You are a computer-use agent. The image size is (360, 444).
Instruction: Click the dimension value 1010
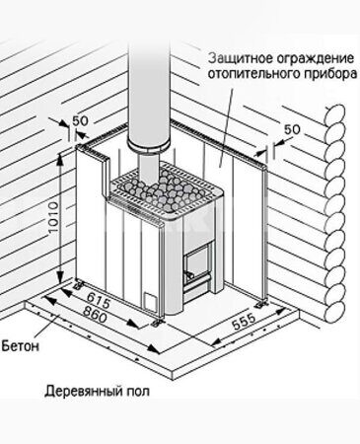coord(53,217)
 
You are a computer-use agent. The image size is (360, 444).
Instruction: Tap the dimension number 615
coord(99,301)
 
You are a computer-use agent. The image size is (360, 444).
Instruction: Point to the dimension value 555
coord(244,322)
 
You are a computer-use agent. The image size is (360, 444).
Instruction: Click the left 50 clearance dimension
coord(80,121)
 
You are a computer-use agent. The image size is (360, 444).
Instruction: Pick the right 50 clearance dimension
coord(292,129)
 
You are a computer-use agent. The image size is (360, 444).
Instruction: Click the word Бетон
coord(20,346)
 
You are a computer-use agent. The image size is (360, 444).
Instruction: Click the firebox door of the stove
coord(197,263)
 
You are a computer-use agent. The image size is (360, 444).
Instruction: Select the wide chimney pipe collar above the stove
coord(148,146)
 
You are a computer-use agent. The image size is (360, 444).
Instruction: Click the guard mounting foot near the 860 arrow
coord(156,323)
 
